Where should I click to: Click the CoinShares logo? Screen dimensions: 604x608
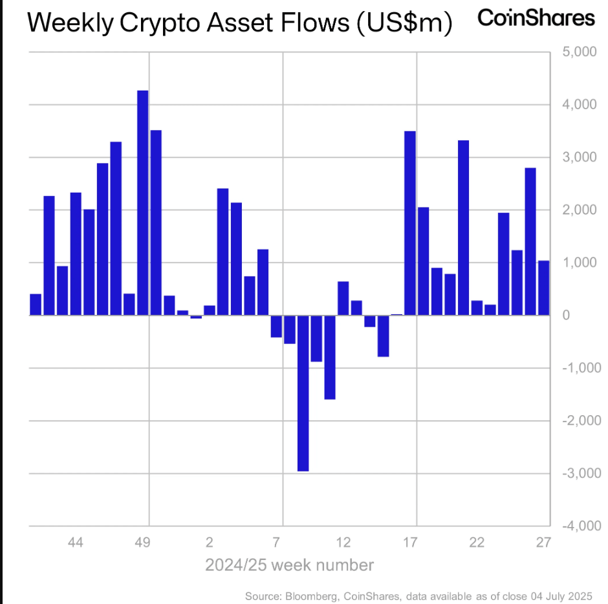tap(536, 18)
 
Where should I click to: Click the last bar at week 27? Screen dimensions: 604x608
tap(543, 288)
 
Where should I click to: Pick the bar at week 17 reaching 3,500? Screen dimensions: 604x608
tap(409, 223)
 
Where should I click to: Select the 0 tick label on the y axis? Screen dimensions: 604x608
tap(566, 316)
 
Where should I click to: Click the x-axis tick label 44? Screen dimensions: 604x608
tap(75, 542)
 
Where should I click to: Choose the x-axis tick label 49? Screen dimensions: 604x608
tap(143, 542)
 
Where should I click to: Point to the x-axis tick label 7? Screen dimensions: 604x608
tap(276, 542)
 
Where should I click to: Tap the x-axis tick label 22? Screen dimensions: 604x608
tap(477, 542)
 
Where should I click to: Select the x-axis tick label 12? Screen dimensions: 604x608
tap(343, 542)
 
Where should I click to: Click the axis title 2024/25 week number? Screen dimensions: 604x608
tap(289, 565)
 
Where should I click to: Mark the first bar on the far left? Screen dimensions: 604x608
tap(36, 305)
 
